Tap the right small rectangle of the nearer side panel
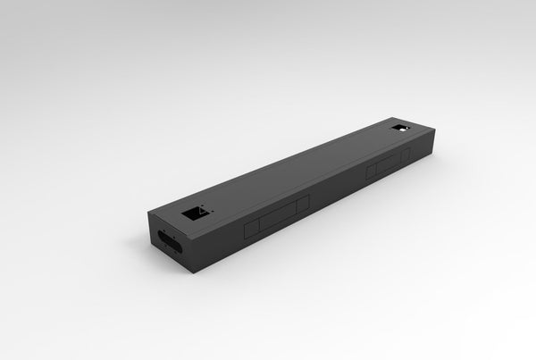coord(303,204)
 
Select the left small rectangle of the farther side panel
coord(371,172)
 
